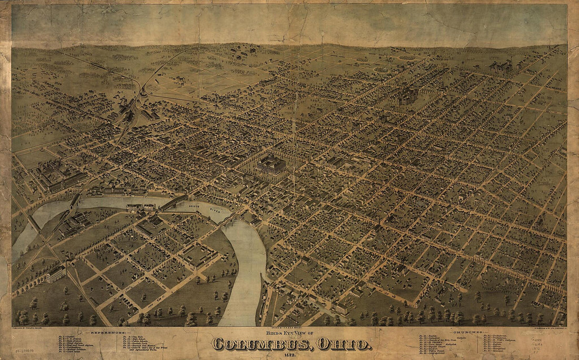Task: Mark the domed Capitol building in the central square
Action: (272, 165)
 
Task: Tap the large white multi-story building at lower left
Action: (55, 274)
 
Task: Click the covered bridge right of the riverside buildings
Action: (174, 202)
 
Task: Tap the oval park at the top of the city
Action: (381, 69)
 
